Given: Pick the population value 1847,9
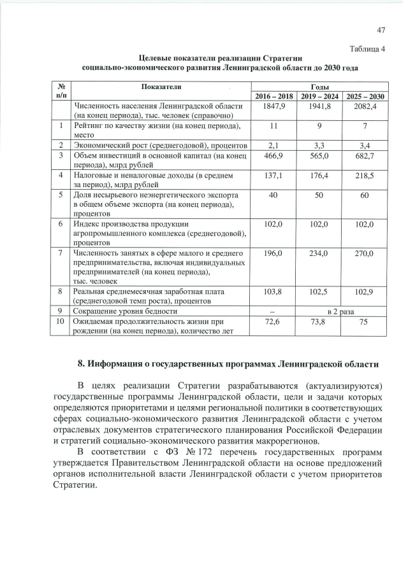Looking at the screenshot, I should tap(274, 106).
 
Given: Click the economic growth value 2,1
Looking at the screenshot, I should tap(274, 146).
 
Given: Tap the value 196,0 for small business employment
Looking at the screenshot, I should tap(274, 253).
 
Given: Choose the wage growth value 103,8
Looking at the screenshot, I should tap(274, 291).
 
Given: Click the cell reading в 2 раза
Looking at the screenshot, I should tap(340, 311).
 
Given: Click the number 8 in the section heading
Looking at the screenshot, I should tap(80, 364).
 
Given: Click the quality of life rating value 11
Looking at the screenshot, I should tap(274, 125).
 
